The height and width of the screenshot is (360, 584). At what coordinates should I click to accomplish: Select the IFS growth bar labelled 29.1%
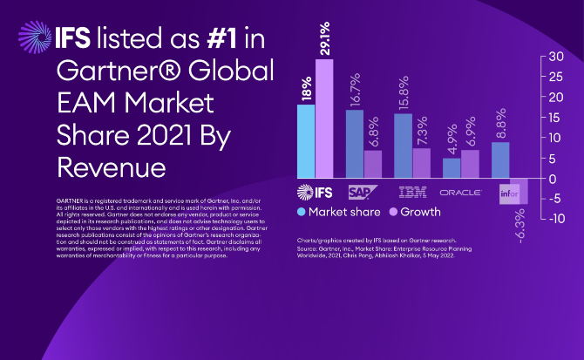pos(324,118)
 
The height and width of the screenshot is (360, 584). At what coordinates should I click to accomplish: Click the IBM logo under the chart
pos(411,191)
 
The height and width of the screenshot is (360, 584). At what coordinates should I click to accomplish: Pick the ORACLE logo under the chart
pos(461,191)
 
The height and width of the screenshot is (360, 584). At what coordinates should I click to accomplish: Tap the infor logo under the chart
pos(510,191)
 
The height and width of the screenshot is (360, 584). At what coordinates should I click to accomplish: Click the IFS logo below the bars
pos(315,191)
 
